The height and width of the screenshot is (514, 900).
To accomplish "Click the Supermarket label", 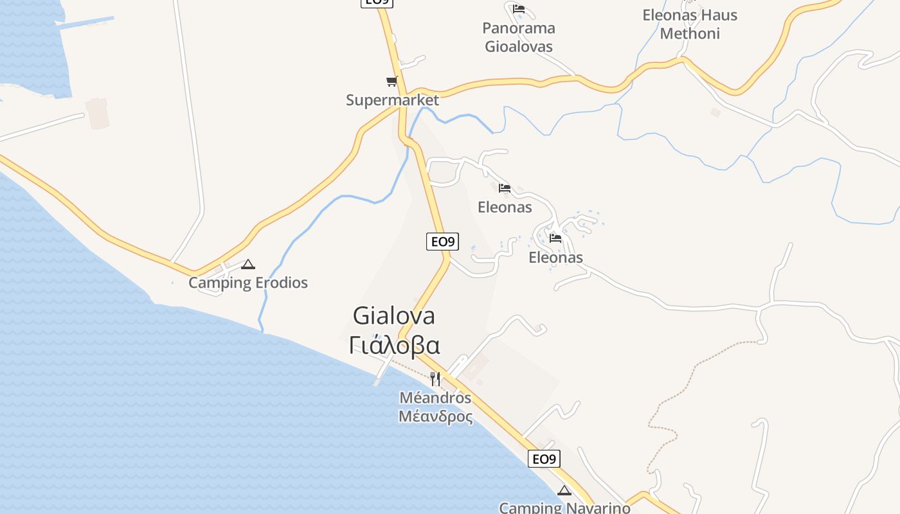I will [392, 100].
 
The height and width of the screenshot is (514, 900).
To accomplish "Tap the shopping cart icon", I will [392, 82].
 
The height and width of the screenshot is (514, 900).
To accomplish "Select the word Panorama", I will [518, 28].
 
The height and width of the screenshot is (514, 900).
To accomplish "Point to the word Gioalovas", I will [518, 47].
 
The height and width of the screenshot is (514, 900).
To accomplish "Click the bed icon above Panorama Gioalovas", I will [519, 10].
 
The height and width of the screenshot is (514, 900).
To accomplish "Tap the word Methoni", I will [690, 33].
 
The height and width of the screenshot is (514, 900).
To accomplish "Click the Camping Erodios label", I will [248, 283].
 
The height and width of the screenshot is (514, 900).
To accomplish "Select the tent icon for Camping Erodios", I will [248, 264].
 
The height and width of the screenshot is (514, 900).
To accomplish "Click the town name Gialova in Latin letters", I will [394, 315].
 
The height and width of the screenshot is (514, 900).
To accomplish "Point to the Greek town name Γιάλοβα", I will [394, 346].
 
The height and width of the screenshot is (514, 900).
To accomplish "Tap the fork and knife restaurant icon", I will [435, 378].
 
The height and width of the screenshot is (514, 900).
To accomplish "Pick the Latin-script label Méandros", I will [435, 398].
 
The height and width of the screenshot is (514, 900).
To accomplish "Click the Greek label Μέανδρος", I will [435, 417].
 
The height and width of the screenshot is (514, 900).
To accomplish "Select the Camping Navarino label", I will [564, 508].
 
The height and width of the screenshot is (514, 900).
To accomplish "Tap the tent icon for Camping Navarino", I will [564, 491].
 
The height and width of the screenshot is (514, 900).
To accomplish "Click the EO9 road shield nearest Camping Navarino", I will [544, 459].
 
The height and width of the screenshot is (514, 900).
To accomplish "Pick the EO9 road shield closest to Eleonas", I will [442, 242].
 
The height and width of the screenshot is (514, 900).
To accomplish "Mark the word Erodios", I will [280, 283].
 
